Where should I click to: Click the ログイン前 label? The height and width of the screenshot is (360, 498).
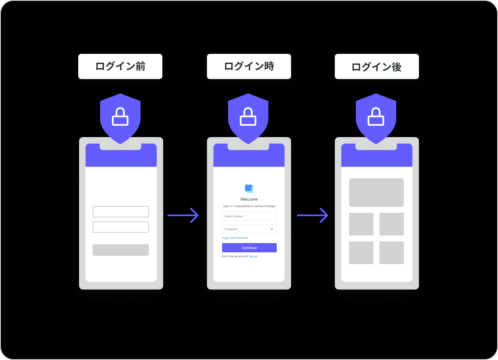pyautogui.click(x=120, y=66)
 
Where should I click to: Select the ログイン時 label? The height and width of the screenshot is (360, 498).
pyautogui.click(x=249, y=66)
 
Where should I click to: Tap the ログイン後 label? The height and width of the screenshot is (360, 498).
pyautogui.click(x=376, y=66)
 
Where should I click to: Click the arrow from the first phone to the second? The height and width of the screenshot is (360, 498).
pyautogui.click(x=183, y=215)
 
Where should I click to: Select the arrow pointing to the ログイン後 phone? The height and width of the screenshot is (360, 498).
pyautogui.click(x=313, y=215)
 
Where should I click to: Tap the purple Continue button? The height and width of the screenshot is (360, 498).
pyautogui.click(x=249, y=248)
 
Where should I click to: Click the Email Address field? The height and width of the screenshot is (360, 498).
pyautogui.click(x=249, y=216)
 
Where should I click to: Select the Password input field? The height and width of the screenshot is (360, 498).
pyautogui.click(x=246, y=229)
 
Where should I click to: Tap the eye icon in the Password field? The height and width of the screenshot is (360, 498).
pyautogui.click(x=272, y=229)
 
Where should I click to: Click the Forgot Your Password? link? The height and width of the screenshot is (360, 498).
pyautogui.click(x=235, y=238)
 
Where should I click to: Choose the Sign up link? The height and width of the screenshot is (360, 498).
pyautogui.click(x=253, y=256)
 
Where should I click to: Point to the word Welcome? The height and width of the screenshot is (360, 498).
pyautogui.click(x=249, y=199)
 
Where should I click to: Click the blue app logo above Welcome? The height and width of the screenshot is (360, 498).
pyautogui.click(x=249, y=189)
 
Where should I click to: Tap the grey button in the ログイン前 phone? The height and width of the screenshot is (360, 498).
pyautogui.click(x=121, y=250)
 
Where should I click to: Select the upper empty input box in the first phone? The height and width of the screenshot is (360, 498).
pyautogui.click(x=121, y=212)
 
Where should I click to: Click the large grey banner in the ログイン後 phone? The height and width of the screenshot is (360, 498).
pyautogui.click(x=376, y=193)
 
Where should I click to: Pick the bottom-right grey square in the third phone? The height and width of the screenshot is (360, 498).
pyautogui.click(x=392, y=253)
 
